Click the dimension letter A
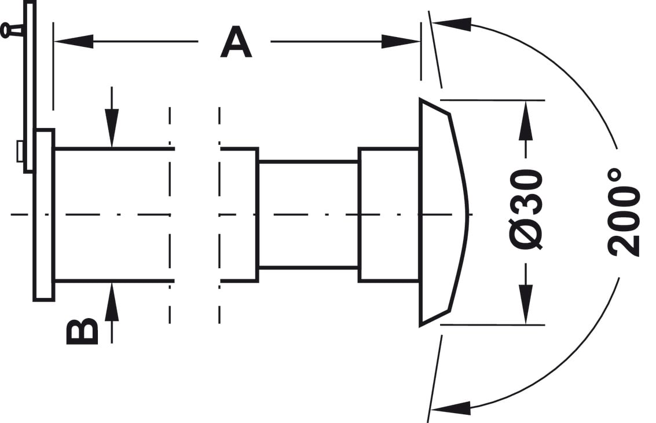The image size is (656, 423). point(236,42)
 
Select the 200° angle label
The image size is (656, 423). point(624,213)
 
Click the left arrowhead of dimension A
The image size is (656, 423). point(73,42)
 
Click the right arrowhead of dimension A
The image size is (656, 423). point(401,42)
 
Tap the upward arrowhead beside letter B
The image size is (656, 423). point(112,301)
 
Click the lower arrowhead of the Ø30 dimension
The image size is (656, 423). point(526,304)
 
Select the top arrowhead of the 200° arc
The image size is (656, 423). point(452,24)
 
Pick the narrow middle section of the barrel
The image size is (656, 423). point(309,214)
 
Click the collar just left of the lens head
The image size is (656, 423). point(389,214)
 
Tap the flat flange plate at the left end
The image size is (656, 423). point(44,215)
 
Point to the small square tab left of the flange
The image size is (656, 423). point(20,152)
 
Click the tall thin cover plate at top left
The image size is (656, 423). point(30,86)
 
